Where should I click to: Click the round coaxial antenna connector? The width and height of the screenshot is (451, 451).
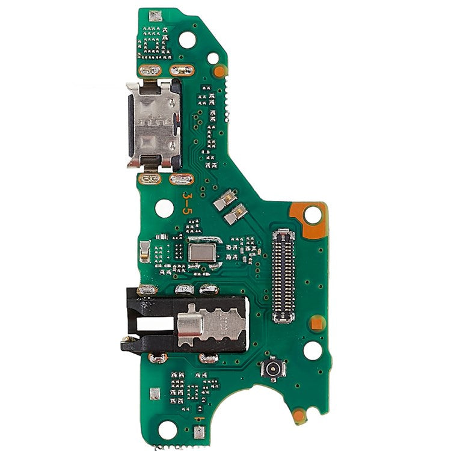click(x=272, y=368)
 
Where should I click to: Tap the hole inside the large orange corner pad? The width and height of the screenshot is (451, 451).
click(x=312, y=214)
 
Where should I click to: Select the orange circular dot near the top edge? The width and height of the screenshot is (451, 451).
click(x=219, y=72)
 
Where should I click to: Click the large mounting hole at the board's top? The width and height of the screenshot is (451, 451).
click(x=188, y=40)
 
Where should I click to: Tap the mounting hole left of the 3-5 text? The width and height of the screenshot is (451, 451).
click(x=164, y=208)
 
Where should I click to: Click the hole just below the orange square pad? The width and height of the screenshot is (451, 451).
click(x=312, y=350)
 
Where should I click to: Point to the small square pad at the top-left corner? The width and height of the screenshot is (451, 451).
click(x=156, y=16)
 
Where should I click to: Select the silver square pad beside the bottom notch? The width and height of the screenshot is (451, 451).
click(x=198, y=431)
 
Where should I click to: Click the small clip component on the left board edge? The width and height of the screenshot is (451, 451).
click(x=144, y=251)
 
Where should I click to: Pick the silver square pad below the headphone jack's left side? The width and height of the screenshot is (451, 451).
click(x=155, y=394)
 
